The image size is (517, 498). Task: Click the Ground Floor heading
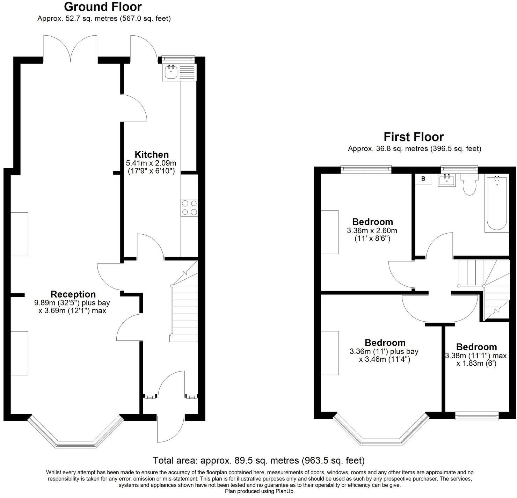coord(103,7)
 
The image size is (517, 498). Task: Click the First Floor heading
coord(414,137)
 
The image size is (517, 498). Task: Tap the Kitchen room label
coord(152,154)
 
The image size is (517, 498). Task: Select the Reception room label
coord(73,294)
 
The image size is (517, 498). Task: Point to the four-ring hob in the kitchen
coord(189,207)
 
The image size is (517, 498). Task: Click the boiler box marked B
coord(423,179)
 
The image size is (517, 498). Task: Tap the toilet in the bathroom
coord(469,185)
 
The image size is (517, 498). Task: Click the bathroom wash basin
coord(447,180)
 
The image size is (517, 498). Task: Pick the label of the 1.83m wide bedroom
coord(476,347)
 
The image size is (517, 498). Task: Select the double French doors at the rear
coord(70,49)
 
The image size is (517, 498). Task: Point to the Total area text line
coord(258,460)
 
